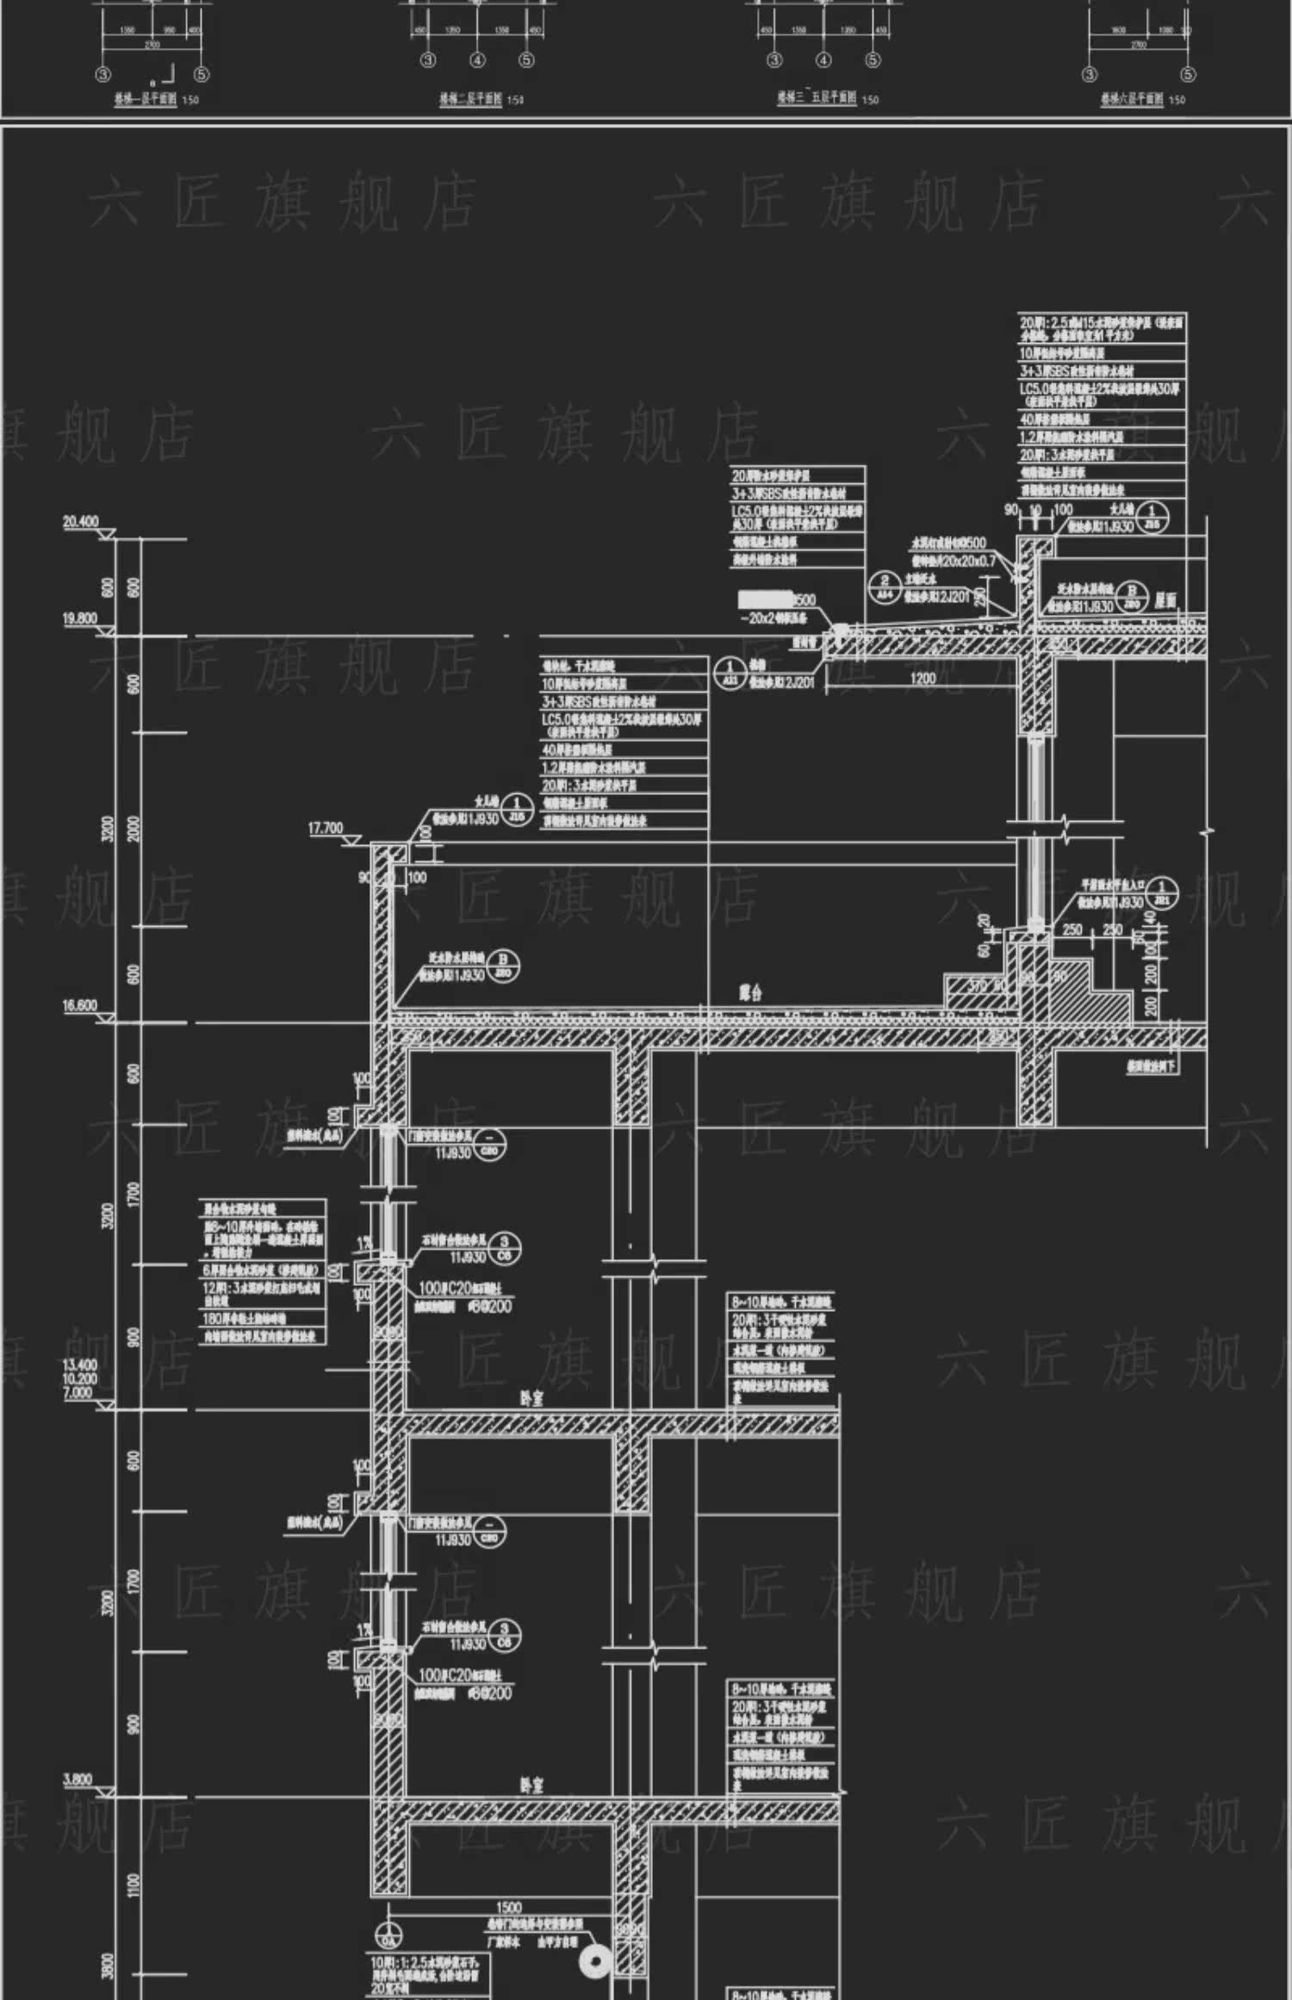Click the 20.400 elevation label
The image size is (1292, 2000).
click(x=81, y=522)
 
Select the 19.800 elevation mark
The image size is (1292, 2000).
click(x=80, y=618)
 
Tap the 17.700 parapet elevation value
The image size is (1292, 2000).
click(x=326, y=829)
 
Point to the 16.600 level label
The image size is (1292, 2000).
click(x=80, y=1005)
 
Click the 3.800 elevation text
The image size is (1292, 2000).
click(x=78, y=1780)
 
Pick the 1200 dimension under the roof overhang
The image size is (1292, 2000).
click(x=922, y=678)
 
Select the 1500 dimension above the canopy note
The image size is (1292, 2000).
click(x=509, y=1908)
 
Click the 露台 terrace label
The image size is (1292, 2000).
click(x=750, y=993)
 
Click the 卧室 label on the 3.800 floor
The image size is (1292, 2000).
click(x=532, y=1786)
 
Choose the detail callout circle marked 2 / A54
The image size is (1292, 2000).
click(x=885, y=588)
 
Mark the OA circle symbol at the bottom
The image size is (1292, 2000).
click(x=389, y=1935)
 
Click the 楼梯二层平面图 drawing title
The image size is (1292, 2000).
click(x=470, y=100)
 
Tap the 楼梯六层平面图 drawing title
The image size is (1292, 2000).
click(x=1132, y=100)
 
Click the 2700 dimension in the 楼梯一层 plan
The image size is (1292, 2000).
click(x=152, y=44)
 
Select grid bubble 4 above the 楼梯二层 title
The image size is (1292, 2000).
click(x=477, y=60)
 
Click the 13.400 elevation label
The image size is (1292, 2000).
click(x=80, y=1364)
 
